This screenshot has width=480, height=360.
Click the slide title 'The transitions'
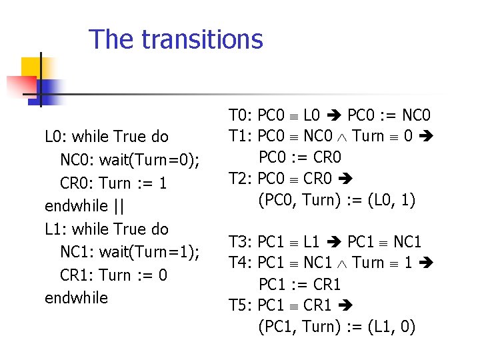176,39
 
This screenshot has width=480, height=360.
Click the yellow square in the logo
31,67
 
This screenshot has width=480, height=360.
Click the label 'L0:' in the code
56,137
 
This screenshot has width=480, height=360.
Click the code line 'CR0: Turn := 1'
113,183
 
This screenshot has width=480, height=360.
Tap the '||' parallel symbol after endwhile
118,206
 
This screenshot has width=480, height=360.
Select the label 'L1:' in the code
56,229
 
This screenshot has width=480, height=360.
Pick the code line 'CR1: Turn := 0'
113,275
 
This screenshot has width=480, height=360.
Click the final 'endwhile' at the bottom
76,298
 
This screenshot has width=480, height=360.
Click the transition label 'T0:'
241,115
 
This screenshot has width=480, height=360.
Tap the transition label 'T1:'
241,136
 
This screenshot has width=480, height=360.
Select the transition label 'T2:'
241,178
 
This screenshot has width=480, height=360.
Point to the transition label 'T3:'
241,241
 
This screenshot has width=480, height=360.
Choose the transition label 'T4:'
241,263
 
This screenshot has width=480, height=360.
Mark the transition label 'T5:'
241,305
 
